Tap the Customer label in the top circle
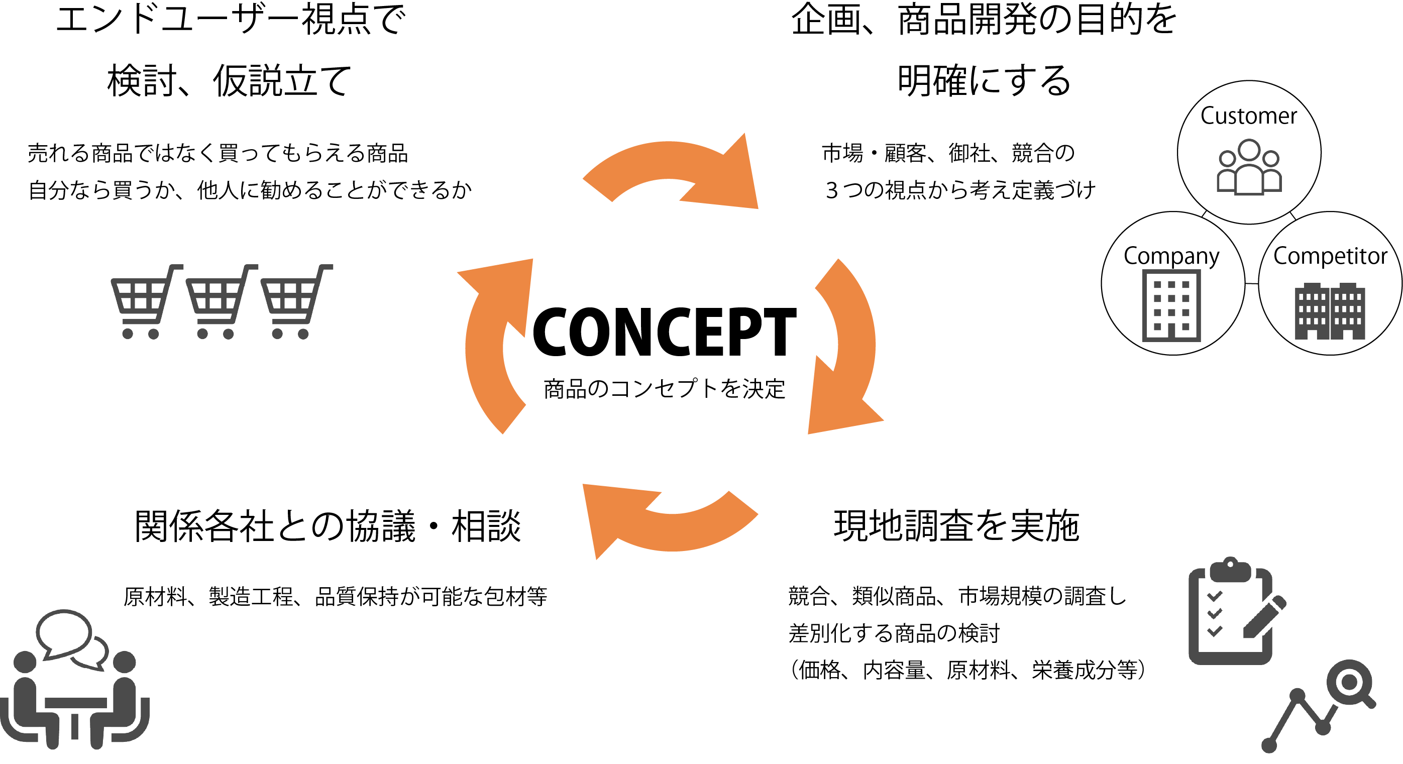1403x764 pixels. pyautogui.click(x=1248, y=116)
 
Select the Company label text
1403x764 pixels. pyautogui.click(x=1171, y=256)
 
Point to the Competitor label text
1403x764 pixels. pyautogui.click(x=1330, y=256)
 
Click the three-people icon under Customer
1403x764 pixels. pyautogui.click(x=1249, y=167)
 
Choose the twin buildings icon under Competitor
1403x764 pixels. pyautogui.click(x=1330, y=311)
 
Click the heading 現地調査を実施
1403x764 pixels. pyautogui.click(x=956, y=526)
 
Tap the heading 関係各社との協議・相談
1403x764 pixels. pyautogui.click(x=328, y=526)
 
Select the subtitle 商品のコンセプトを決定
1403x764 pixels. pyautogui.click(x=665, y=389)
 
